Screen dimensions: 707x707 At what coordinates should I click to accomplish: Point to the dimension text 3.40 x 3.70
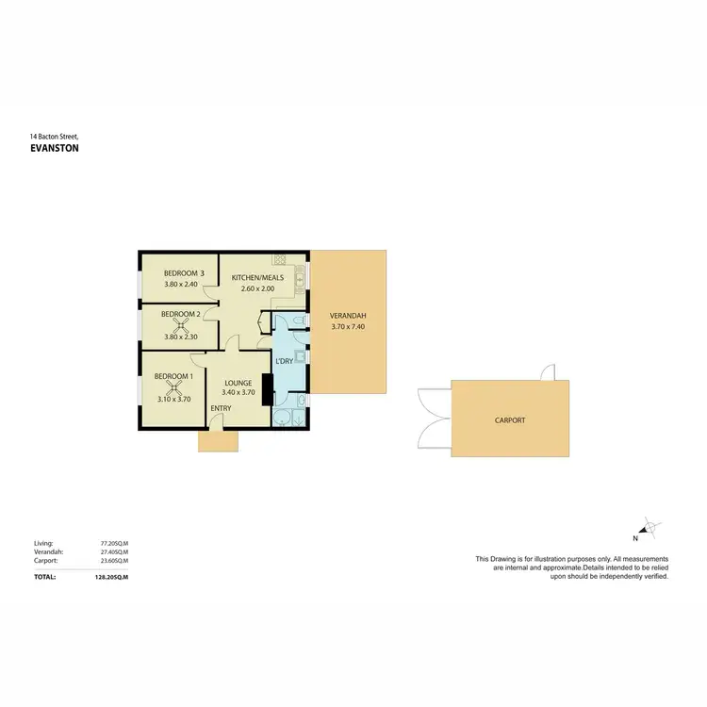238,393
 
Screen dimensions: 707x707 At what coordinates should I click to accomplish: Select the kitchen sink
300,277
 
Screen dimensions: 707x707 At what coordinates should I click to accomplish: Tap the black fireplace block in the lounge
267,388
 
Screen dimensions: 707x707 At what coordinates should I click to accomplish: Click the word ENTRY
221,408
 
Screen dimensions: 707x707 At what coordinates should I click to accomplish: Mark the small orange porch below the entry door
219,441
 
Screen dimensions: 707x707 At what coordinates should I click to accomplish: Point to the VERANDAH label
348,316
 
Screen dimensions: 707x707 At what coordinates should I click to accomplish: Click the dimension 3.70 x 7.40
348,327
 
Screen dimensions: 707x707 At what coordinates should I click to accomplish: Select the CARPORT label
510,420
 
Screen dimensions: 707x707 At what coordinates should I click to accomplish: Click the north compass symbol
649,529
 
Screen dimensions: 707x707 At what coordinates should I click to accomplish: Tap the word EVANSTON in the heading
55,148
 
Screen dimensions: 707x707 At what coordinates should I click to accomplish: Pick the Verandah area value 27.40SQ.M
114,553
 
